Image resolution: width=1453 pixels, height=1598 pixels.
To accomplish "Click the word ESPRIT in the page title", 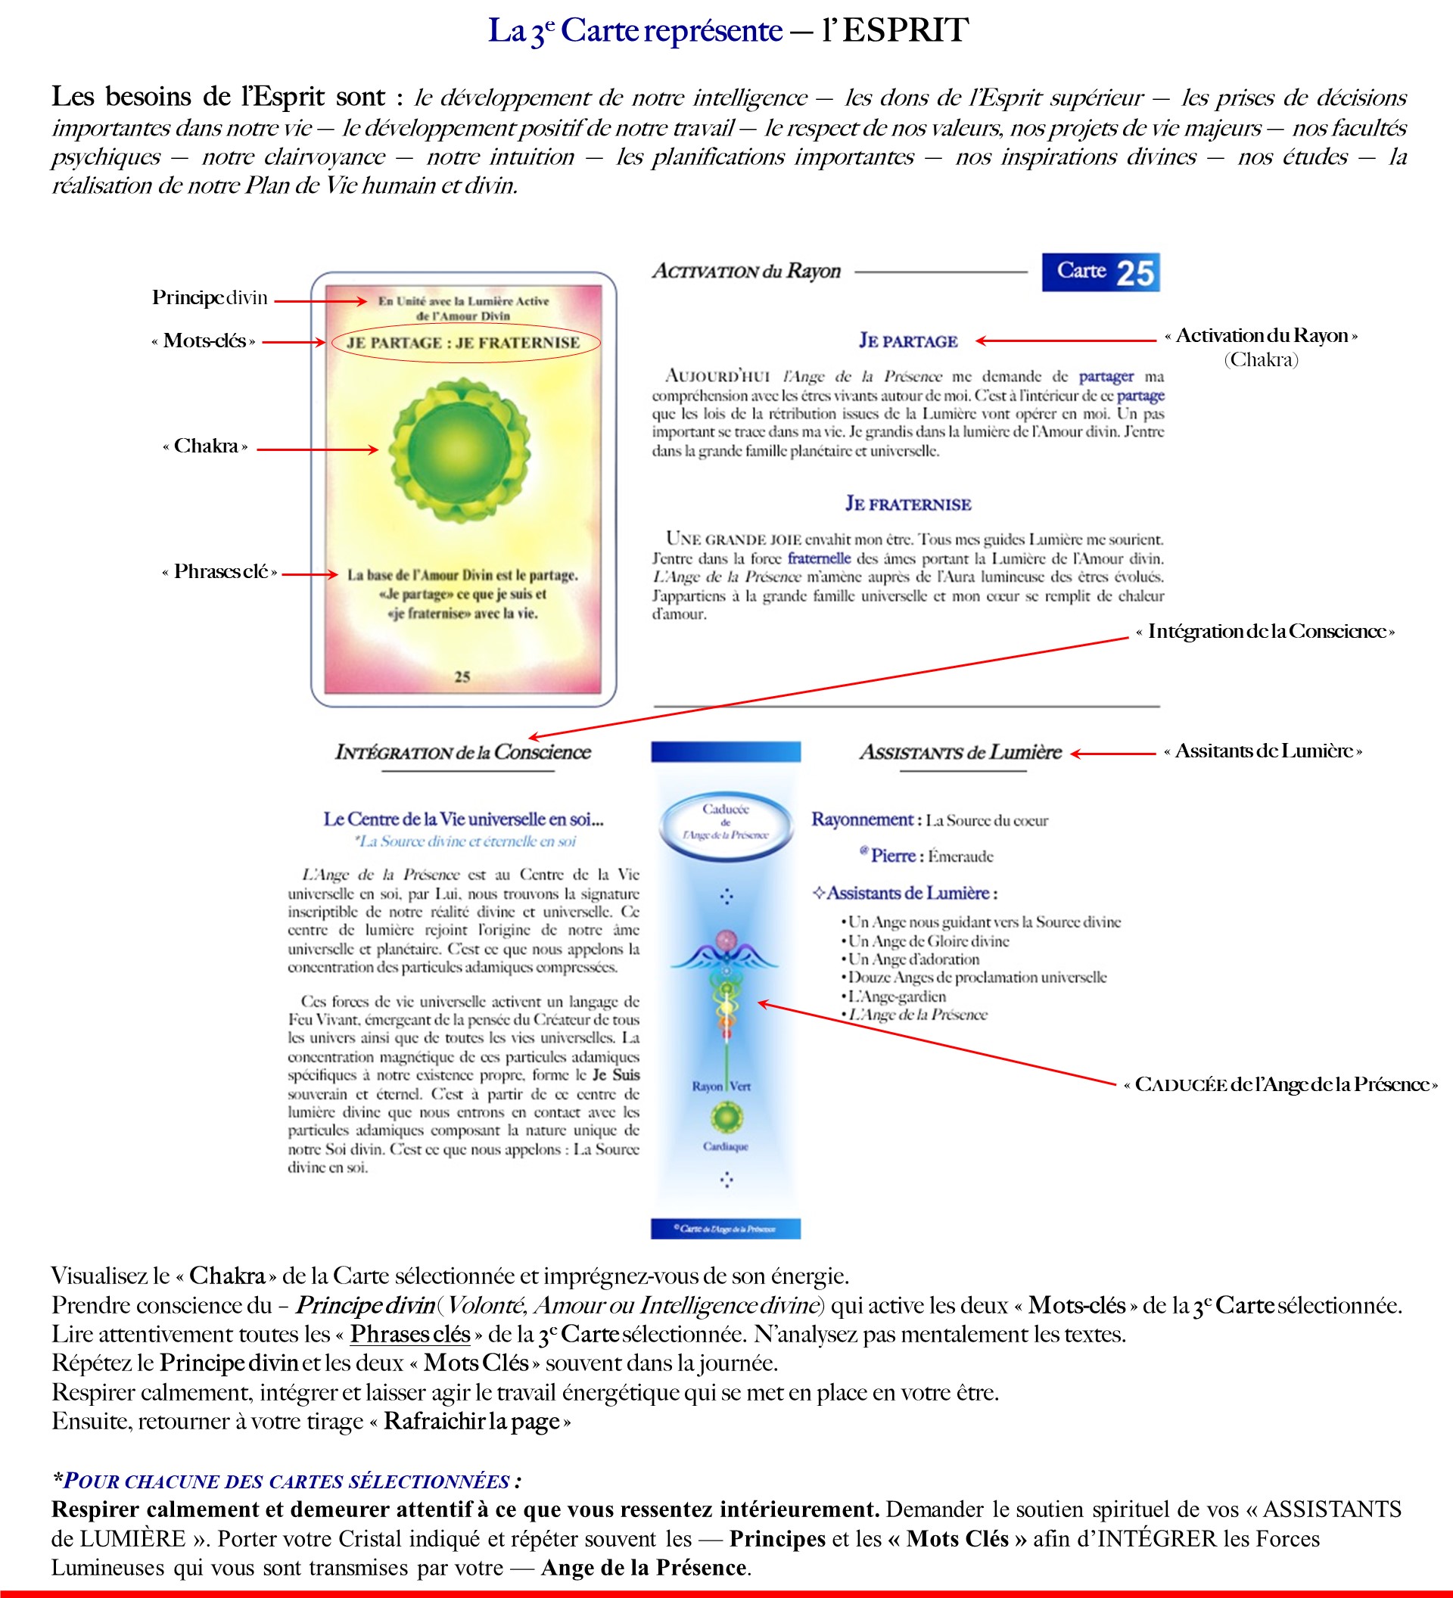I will pos(905,30).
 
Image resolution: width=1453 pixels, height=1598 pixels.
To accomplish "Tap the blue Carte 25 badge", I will pos(1100,272).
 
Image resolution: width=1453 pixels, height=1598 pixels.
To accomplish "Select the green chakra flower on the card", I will pos(460,449).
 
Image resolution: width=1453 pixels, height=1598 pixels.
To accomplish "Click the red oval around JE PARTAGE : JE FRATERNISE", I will pos(465,343).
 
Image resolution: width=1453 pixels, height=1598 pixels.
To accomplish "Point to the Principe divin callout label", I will pos(210,298).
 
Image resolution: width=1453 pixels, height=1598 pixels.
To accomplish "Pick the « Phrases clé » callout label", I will pos(219,571).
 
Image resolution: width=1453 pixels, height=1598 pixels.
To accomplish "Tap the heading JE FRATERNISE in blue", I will pos(907,504).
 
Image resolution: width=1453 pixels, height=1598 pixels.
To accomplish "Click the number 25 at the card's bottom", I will pos(462,676).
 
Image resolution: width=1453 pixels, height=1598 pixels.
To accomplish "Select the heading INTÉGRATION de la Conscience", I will pos(463,752).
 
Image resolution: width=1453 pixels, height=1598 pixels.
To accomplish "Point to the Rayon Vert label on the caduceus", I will pos(721,1086).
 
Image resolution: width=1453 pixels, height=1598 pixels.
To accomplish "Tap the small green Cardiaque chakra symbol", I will pos(726,1118).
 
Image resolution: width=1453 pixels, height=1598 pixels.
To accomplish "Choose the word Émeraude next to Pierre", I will pos(961,856).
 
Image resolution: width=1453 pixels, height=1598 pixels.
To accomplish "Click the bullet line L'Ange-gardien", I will pos(897,996).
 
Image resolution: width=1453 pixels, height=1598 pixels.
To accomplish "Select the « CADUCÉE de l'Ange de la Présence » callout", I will pos(1281,1084).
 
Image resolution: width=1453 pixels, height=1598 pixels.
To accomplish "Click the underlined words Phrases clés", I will pos(410,1334).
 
